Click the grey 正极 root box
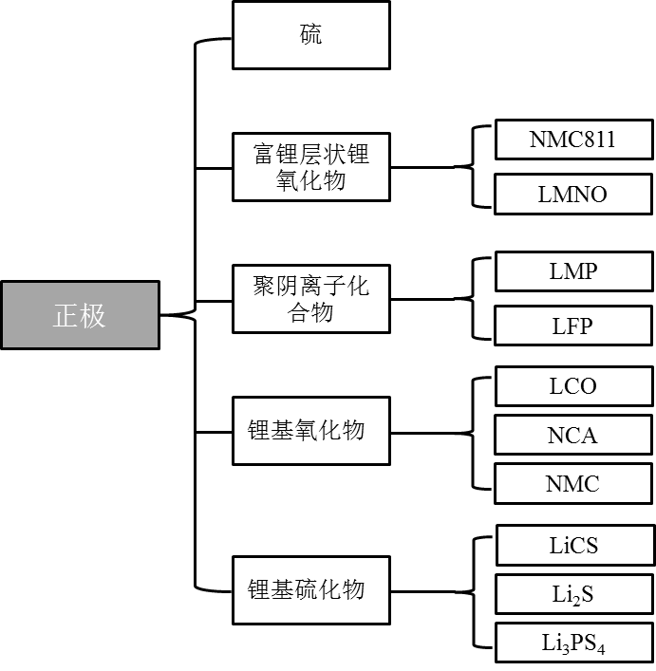81,315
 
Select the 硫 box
311,35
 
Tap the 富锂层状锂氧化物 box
311,167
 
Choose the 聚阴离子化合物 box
311,299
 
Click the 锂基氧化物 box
311,431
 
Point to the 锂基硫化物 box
311,590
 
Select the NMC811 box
573,140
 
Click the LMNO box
573,194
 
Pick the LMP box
573,271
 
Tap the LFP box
573,326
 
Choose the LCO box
573,385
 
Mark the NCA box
573,435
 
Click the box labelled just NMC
573,484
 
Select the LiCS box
575,545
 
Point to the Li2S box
573,594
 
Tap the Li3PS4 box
573,643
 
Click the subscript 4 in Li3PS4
601,649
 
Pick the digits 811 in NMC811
599,140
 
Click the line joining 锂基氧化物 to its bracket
423,433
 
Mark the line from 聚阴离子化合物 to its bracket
423,299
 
